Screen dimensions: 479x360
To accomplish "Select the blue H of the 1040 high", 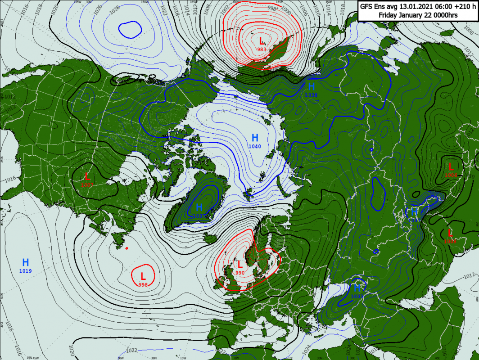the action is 255,138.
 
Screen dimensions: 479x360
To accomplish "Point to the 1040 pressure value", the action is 255,147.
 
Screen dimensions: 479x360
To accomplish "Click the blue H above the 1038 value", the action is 311,86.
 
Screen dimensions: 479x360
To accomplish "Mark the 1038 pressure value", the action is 311,95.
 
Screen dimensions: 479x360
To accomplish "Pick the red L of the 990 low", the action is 240,265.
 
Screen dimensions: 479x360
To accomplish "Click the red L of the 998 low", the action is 143,276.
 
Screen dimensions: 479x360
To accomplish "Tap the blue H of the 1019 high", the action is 26,262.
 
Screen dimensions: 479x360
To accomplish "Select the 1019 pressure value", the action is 26,271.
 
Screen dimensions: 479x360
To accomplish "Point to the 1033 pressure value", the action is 357,297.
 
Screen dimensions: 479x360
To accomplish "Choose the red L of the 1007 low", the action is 87,176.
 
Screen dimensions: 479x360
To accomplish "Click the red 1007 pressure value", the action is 87,185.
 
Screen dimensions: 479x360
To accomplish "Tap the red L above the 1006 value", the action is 451,167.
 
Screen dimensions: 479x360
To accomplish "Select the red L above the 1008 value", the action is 450,233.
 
